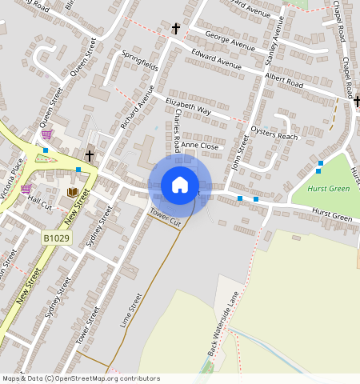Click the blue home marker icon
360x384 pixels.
pyautogui.click(x=180, y=185)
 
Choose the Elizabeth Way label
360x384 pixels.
pyautogui.click(x=188, y=107)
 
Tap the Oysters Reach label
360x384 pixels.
pyautogui.click(x=274, y=136)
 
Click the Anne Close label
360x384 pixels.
pyautogui.click(x=199, y=146)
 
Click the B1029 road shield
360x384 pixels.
pyautogui.click(x=54, y=238)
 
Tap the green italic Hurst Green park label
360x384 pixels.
pyautogui.click(x=329, y=190)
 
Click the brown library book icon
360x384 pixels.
pyautogui.click(x=72, y=192)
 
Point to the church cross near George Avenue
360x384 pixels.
pyautogui.click(x=175, y=29)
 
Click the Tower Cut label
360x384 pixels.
pyautogui.click(x=166, y=216)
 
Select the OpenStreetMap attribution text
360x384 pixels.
pyautogui.click(x=81, y=378)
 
